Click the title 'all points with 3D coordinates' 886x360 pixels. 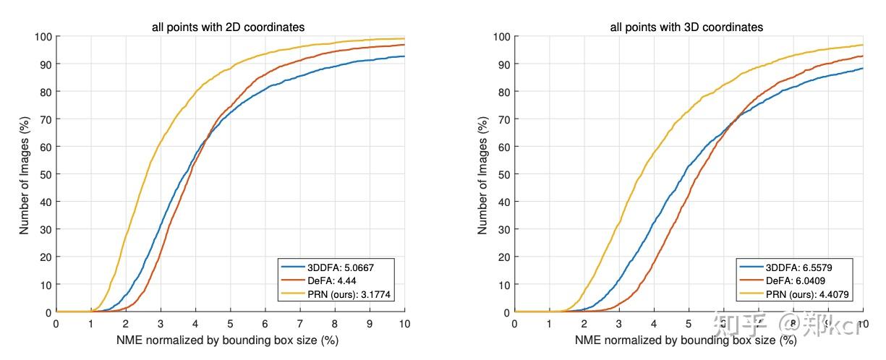686,27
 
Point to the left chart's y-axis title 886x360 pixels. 24,173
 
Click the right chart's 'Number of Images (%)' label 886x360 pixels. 482,173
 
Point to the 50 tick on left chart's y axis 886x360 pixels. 45,174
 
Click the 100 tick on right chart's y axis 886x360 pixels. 501,36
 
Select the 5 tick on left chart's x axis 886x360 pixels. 230,323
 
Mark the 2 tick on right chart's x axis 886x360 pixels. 584,323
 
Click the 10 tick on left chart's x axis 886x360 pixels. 404,323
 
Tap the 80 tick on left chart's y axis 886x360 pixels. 45,92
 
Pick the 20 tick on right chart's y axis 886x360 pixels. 503,257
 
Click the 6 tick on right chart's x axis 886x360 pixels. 723,323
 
